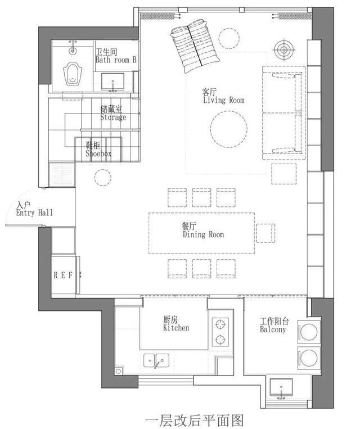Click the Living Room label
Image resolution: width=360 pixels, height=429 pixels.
223,100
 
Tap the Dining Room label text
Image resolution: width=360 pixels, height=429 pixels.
203,234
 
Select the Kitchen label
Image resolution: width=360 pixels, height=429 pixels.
176,328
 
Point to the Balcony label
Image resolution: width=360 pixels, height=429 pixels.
273,329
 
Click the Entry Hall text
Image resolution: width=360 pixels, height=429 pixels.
34,213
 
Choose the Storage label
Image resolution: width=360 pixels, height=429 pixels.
113,118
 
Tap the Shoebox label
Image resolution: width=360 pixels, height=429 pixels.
98,153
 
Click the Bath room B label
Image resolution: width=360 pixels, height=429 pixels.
116,60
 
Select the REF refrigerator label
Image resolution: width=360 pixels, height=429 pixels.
63,276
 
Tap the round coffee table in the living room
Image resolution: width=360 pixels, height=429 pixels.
228,129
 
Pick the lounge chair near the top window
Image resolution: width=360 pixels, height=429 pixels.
195,46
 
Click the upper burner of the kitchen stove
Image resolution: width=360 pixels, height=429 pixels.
220,324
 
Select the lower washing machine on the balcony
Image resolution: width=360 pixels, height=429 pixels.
309,358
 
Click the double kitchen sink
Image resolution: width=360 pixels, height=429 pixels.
156,361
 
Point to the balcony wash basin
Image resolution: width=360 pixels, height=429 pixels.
281,387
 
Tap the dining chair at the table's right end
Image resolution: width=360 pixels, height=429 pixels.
265,233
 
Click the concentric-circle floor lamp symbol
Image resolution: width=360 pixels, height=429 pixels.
284,50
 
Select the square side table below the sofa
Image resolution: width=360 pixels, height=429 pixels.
284,174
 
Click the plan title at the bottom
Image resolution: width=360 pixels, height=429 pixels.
194,421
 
